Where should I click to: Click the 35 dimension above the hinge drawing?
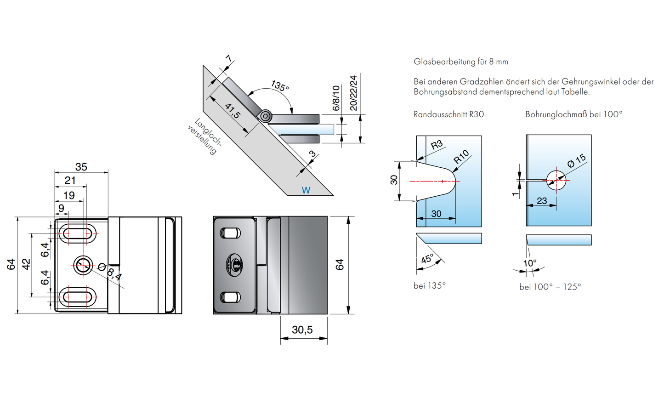(x=81, y=167)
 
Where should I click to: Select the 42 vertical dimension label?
(x=27, y=264)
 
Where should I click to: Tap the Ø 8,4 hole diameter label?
(x=110, y=272)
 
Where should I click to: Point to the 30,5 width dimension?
(x=302, y=330)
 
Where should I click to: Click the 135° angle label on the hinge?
(x=279, y=86)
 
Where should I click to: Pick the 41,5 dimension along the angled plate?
(x=233, y=111)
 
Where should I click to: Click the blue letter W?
(x=306, y=190)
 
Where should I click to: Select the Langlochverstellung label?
(x=205, y=136)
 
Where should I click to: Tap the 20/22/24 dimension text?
(x=353, y=93)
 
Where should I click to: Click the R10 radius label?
(x=461, y=157)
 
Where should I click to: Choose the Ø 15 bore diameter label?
(x=576, y=161)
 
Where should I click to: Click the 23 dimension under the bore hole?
(x=542, y=201)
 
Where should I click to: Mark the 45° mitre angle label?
(x=427, y=259)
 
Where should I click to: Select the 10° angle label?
(x=530, y=263)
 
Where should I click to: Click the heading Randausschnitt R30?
(x=448, y=114)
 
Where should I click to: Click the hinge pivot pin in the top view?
(x=265, y=117)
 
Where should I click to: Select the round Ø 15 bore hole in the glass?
(x=556, y=180)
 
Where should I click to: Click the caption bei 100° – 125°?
(x=550, y=287)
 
